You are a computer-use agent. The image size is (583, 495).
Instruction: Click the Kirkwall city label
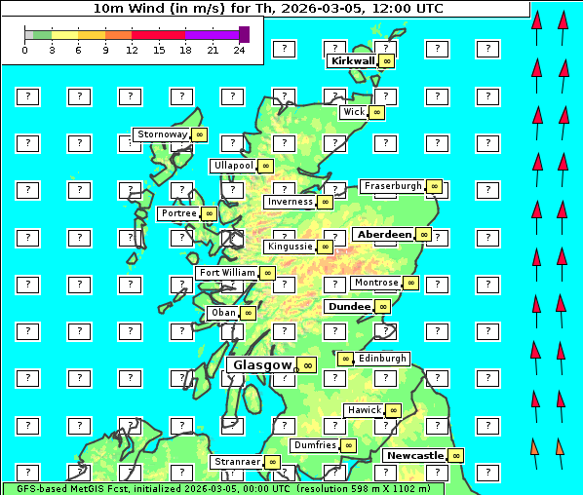(x=352, y=60)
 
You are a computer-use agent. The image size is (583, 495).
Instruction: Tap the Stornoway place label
(x=162, y=134)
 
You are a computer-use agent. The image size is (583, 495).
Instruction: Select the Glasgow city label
(x=261, y=365)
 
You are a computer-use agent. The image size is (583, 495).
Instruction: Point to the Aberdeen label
(x=384, y=235)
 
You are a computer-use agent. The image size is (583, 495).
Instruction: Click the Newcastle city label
(x=414, y=456)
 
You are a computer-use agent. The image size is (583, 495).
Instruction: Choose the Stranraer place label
(x=237, y=462)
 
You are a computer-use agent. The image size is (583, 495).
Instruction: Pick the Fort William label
(x=227, y=273)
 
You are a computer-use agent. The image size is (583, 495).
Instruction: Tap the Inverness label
(x=290, y=203)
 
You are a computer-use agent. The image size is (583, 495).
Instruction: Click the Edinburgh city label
(x=382, y=359)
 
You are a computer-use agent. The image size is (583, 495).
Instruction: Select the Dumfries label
(x=315, y=445)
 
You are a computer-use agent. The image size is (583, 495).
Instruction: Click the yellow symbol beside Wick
(x=377, y=112)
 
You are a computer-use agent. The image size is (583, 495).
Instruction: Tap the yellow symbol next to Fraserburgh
(x=435, y=186)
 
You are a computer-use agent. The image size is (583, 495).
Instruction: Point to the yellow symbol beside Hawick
(x=393, y=410)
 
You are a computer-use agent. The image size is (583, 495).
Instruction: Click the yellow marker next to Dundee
(x=383, y=306)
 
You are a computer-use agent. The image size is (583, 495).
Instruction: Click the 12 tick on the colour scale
(x=132, y=50)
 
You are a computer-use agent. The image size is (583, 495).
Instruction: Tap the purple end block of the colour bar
(x=244, y=34)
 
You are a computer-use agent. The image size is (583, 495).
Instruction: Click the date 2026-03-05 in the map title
(x=310, y=9)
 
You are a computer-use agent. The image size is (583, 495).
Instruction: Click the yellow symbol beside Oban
(x=249, y=313)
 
